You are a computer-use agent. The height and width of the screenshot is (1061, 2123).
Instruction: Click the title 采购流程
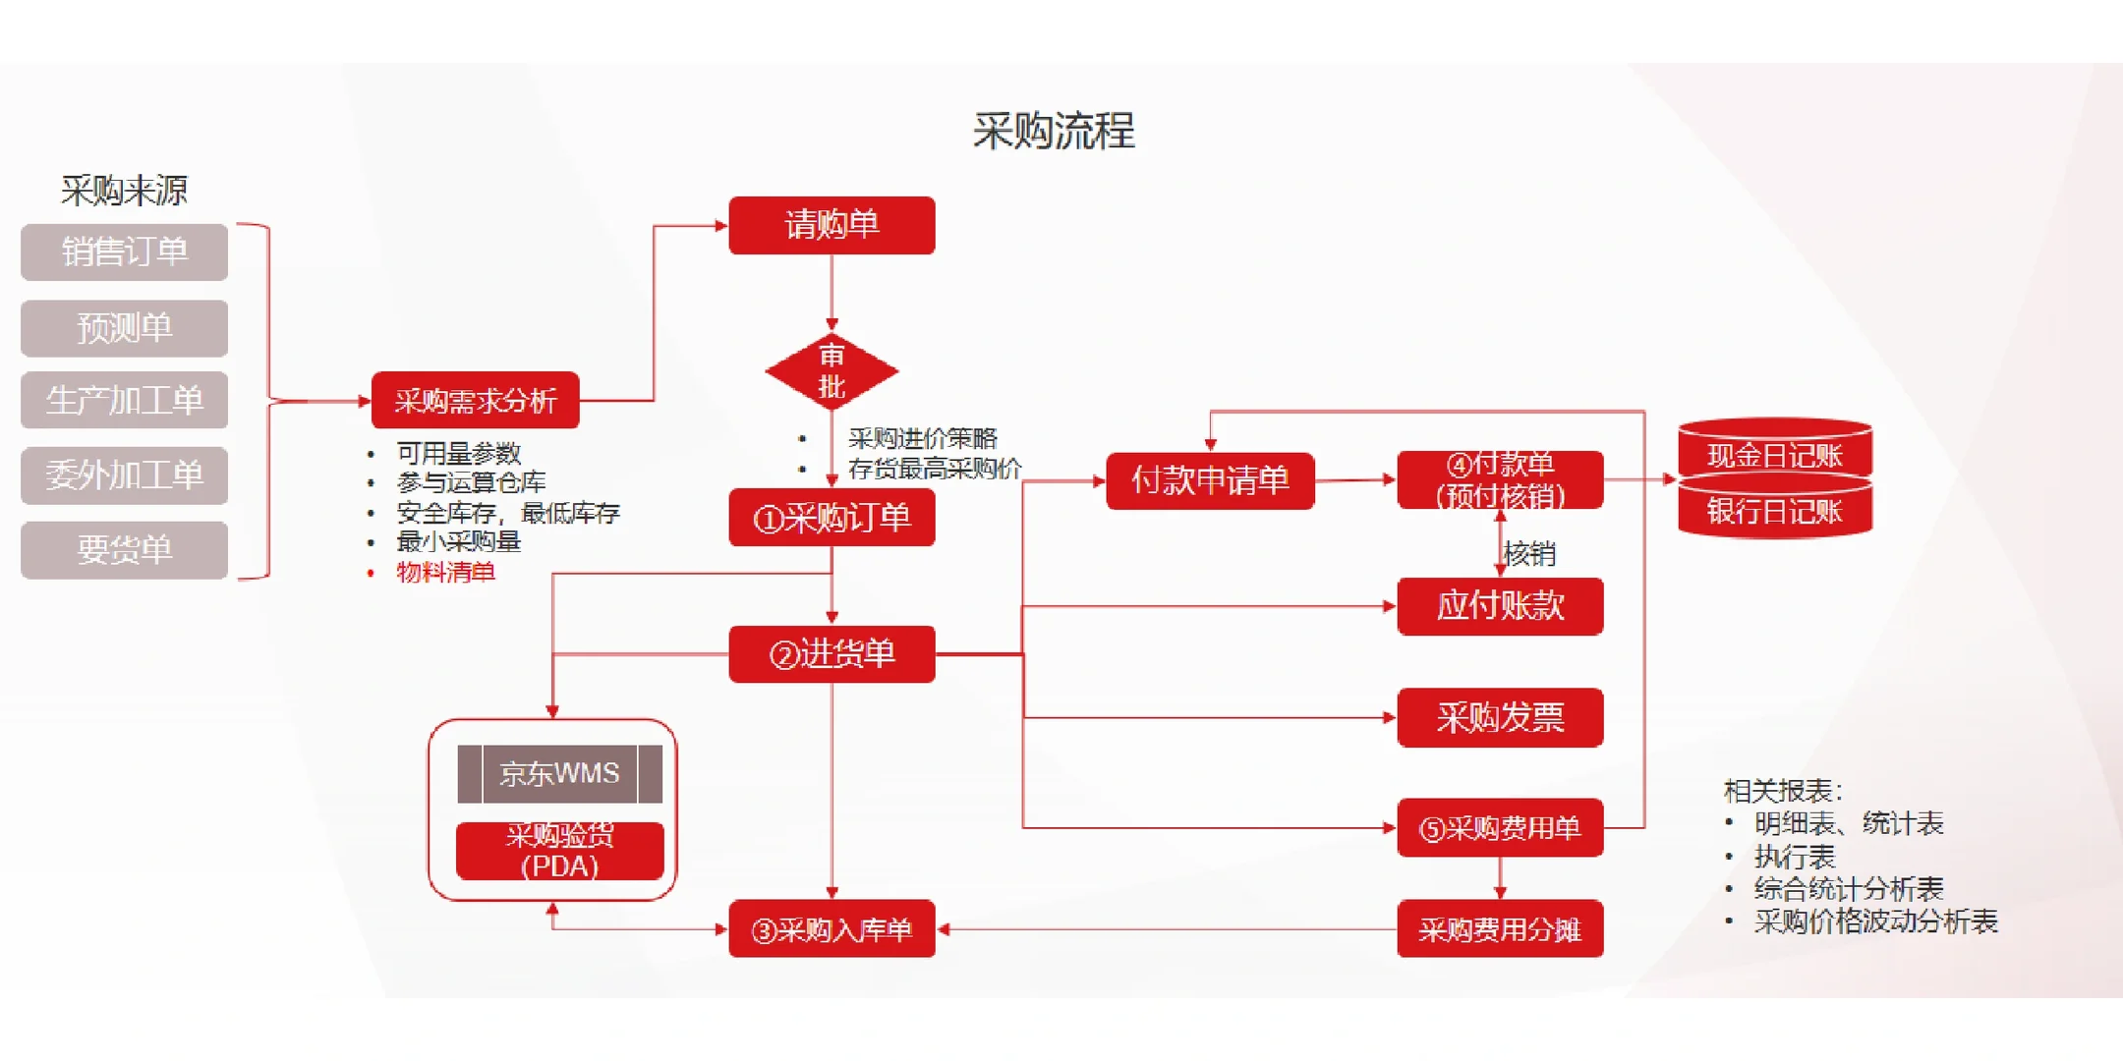[x=1054, y=132]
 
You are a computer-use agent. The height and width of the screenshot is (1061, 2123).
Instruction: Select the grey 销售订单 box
[x=124, y=252]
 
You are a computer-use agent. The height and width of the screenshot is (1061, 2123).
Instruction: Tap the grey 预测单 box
[x=124, y=328]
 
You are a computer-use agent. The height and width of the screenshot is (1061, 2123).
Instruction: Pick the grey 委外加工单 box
[x=124, y=475]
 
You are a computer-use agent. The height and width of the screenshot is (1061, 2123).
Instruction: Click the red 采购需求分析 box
[x=475, y=401]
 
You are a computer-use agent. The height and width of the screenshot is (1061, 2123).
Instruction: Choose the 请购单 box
[x=832, y=225]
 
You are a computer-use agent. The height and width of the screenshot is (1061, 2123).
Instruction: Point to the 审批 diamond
[x=832, y=371]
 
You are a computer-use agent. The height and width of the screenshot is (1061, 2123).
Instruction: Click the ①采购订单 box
[x=832, y=518]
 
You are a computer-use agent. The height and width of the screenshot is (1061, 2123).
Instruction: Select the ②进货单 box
[x=832, y=654]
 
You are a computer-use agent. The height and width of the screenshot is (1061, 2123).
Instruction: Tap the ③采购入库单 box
[x=832, y=929]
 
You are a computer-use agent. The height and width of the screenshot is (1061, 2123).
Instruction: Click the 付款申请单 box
[x=1210, y=480]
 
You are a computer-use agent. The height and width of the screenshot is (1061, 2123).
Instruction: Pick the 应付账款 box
[x=1500, y=606]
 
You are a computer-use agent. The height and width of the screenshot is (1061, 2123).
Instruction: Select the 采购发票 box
[x=1500, y=718]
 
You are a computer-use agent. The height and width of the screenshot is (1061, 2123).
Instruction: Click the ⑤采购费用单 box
[x=1500, y=828]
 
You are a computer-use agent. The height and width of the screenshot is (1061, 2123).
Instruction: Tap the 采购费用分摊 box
[x=1500, y=929]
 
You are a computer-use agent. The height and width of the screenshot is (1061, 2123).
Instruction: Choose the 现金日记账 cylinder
[x=1774, y=455]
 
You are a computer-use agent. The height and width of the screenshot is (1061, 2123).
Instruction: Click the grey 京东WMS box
[x=559, y=774]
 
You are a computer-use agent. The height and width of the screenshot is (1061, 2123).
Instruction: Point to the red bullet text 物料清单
[x=445, y=573]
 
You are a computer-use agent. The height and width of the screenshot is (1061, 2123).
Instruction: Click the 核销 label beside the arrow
[x=1530, y=554]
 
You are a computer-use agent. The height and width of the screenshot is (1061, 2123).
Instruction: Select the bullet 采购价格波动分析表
[x=1875, y=921]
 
